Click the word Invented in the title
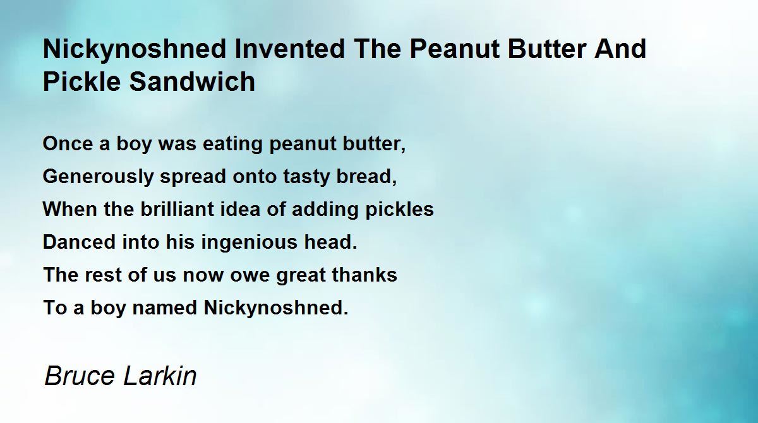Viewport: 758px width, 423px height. [275, 49]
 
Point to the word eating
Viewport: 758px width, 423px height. [227, 144]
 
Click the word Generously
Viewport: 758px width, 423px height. [98, 177]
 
